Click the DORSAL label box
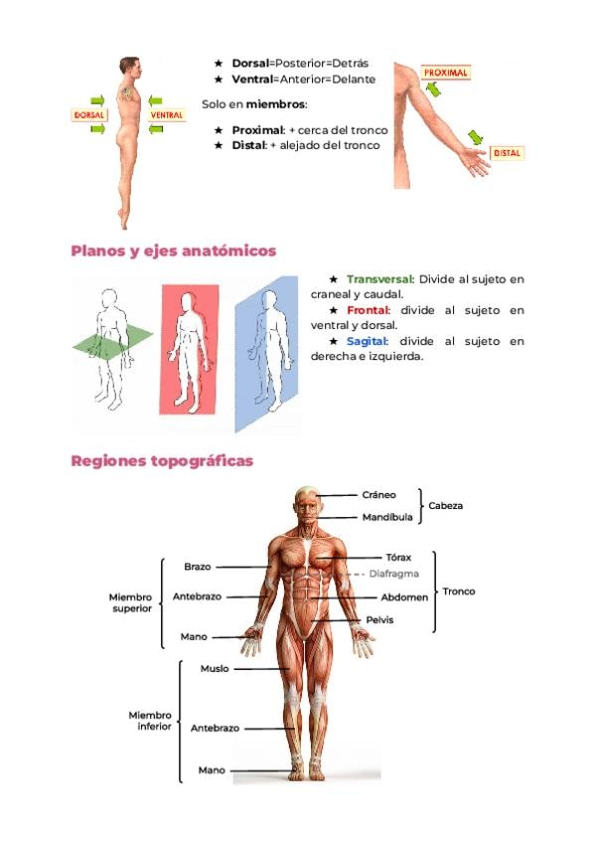(89, 115)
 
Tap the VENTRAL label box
(167, 115)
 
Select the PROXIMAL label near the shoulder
(446, 73)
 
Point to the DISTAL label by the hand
(507, 153)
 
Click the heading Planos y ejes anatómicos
(174, 252)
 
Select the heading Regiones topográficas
(162, 461)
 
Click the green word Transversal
(380, 279)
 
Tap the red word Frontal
(369, 310)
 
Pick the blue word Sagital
(368, 341)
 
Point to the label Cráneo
(378, 495)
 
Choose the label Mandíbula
(387, 517)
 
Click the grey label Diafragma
(394, 574)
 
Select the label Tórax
(398, 558)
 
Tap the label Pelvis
(380, 620)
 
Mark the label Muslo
(215, 669)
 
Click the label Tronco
(459, 591)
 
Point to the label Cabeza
(446, 506)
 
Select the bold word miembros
(275, 104)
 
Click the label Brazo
(198, 567)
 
